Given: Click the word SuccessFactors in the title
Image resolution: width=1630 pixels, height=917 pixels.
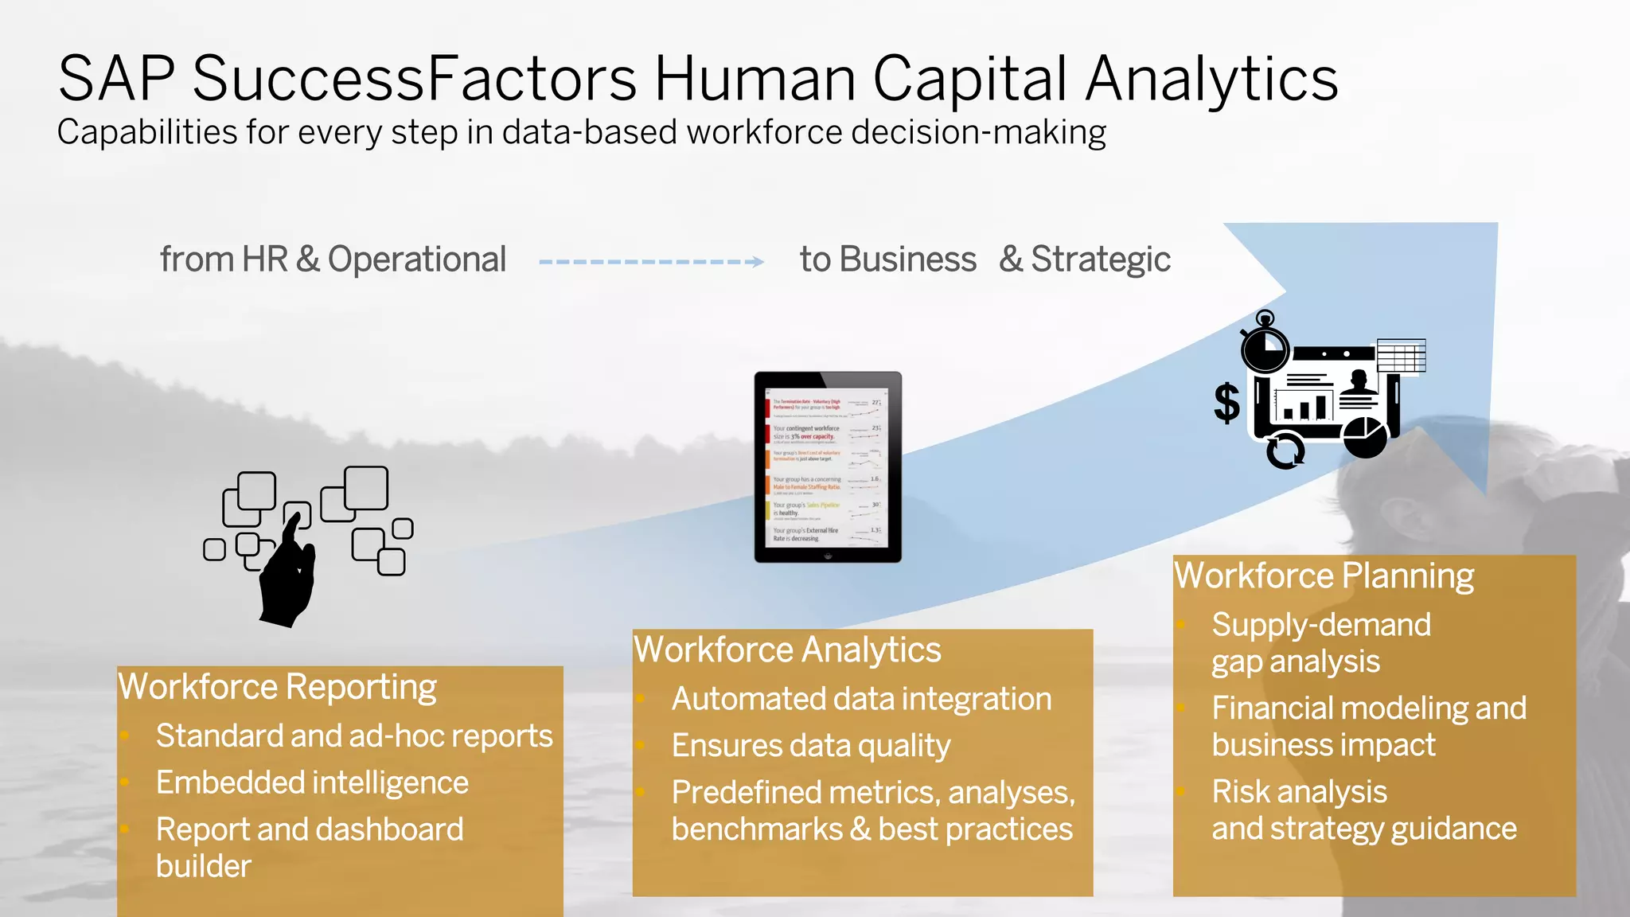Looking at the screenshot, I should [414, 79].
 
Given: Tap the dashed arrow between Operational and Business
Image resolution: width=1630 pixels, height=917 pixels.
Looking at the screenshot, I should [651, 261].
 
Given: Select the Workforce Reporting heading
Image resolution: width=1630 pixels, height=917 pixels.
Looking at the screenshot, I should [277, 687].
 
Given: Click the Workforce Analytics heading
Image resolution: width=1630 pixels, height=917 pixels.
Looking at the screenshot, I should [787, 650].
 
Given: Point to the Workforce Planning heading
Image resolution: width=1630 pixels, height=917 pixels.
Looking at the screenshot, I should [1324, 576].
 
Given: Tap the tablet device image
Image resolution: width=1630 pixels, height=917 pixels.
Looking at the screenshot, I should [828, 467].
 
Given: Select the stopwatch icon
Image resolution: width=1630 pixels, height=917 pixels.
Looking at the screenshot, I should [1265, 344].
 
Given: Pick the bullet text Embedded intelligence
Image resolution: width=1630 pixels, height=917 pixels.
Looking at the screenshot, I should [312, 782].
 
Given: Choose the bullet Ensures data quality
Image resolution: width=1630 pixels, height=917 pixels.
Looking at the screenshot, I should [810, 746].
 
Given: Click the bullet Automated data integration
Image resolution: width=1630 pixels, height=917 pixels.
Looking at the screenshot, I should [861, 699].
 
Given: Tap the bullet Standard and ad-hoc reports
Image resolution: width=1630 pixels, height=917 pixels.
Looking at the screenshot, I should [354, 736].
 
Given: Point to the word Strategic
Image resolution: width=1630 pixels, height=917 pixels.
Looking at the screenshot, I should [1100, 259].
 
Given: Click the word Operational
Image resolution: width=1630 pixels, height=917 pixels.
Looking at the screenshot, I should [416, 259].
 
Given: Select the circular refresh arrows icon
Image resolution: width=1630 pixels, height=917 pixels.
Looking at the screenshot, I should [1285, 451].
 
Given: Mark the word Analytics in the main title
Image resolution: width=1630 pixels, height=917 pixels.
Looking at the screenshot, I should [1212, 79].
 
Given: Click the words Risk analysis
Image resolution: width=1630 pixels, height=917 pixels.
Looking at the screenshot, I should [1299, 792].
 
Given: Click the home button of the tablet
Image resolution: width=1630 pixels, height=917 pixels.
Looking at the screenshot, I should [828, 556].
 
